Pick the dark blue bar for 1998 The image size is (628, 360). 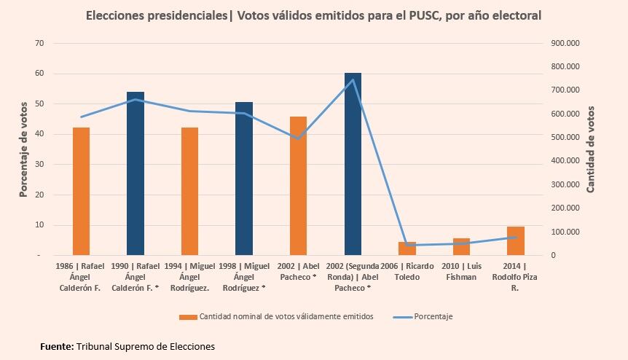coord(244,179)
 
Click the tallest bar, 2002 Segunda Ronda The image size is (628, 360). coord(353,164)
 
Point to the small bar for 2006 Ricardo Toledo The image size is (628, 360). coord(407,249)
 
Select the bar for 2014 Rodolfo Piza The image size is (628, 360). coord(515,241)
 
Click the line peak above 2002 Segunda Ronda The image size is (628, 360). coord(353,80)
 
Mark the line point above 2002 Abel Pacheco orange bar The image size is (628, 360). coord(298,138)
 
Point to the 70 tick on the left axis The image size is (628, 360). coord(39,43)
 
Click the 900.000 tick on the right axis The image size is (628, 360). coord(565,43)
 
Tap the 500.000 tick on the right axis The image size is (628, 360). coord(565,137)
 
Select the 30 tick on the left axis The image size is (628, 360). coord(39,165)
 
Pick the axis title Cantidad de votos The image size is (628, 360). coord(591,149)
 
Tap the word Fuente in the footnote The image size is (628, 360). coord(56,346)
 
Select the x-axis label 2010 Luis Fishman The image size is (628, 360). coord(461,272)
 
